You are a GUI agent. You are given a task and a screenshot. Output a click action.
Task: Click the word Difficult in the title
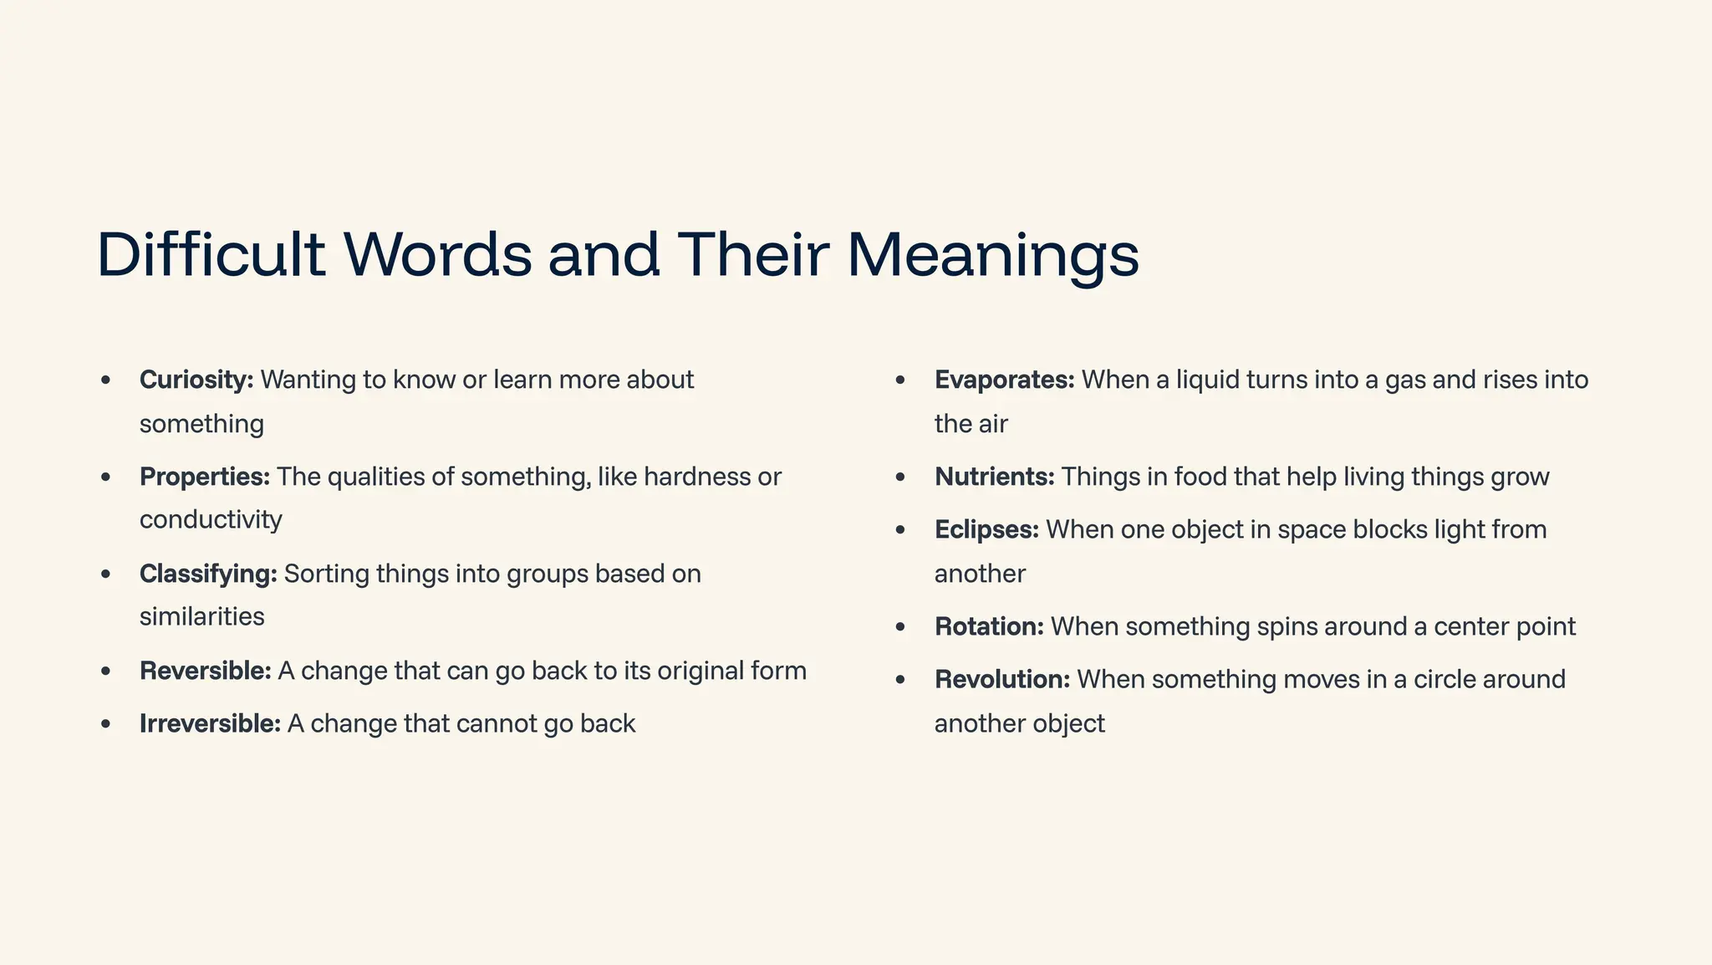click(211, 254)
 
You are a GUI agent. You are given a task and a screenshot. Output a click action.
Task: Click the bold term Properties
click(205, 477)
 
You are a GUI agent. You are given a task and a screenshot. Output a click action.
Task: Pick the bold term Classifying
click(208, 574)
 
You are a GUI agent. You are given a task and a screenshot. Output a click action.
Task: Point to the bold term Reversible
click(206, 671)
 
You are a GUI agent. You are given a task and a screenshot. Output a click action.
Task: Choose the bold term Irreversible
click(210, 723)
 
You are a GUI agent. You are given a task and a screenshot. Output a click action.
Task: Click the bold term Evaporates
click(1004, 380)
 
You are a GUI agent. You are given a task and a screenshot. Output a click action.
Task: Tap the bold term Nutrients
click(995, 477)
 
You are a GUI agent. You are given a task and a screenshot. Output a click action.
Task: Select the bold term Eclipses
click(986, 529)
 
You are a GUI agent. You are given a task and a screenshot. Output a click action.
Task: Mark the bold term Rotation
click(989, 626)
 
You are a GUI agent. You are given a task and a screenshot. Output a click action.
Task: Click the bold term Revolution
click(1002, 679)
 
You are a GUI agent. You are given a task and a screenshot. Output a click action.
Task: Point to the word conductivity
click(211, 519)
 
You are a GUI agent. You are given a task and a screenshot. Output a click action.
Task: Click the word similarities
click(201, 616)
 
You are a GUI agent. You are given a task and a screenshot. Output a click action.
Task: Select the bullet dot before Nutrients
click(900, 477)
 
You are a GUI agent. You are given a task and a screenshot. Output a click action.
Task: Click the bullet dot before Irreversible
click(105, 724)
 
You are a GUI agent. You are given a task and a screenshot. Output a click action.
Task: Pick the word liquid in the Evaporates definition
click(1208, 380)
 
